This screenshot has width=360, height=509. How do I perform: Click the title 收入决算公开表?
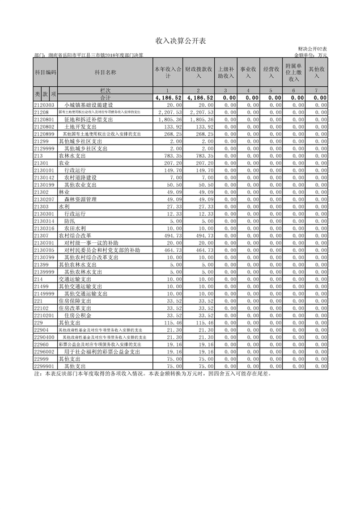[x=180, y=41]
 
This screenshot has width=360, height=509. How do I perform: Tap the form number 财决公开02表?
[x=312, y=50]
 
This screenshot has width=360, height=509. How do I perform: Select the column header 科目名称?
[x=105, y=73]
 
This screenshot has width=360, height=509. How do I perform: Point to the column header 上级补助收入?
[x=225, y=73]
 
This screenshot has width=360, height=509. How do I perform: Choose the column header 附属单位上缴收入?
[x=294, y=73]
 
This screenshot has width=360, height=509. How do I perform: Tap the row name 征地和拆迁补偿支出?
[x=88, y=120]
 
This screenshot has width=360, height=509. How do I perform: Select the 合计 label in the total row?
[x=105, y=98]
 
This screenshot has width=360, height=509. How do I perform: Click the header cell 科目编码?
[x=45, y=73]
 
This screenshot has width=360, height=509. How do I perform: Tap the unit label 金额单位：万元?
[x=311, y=56]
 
